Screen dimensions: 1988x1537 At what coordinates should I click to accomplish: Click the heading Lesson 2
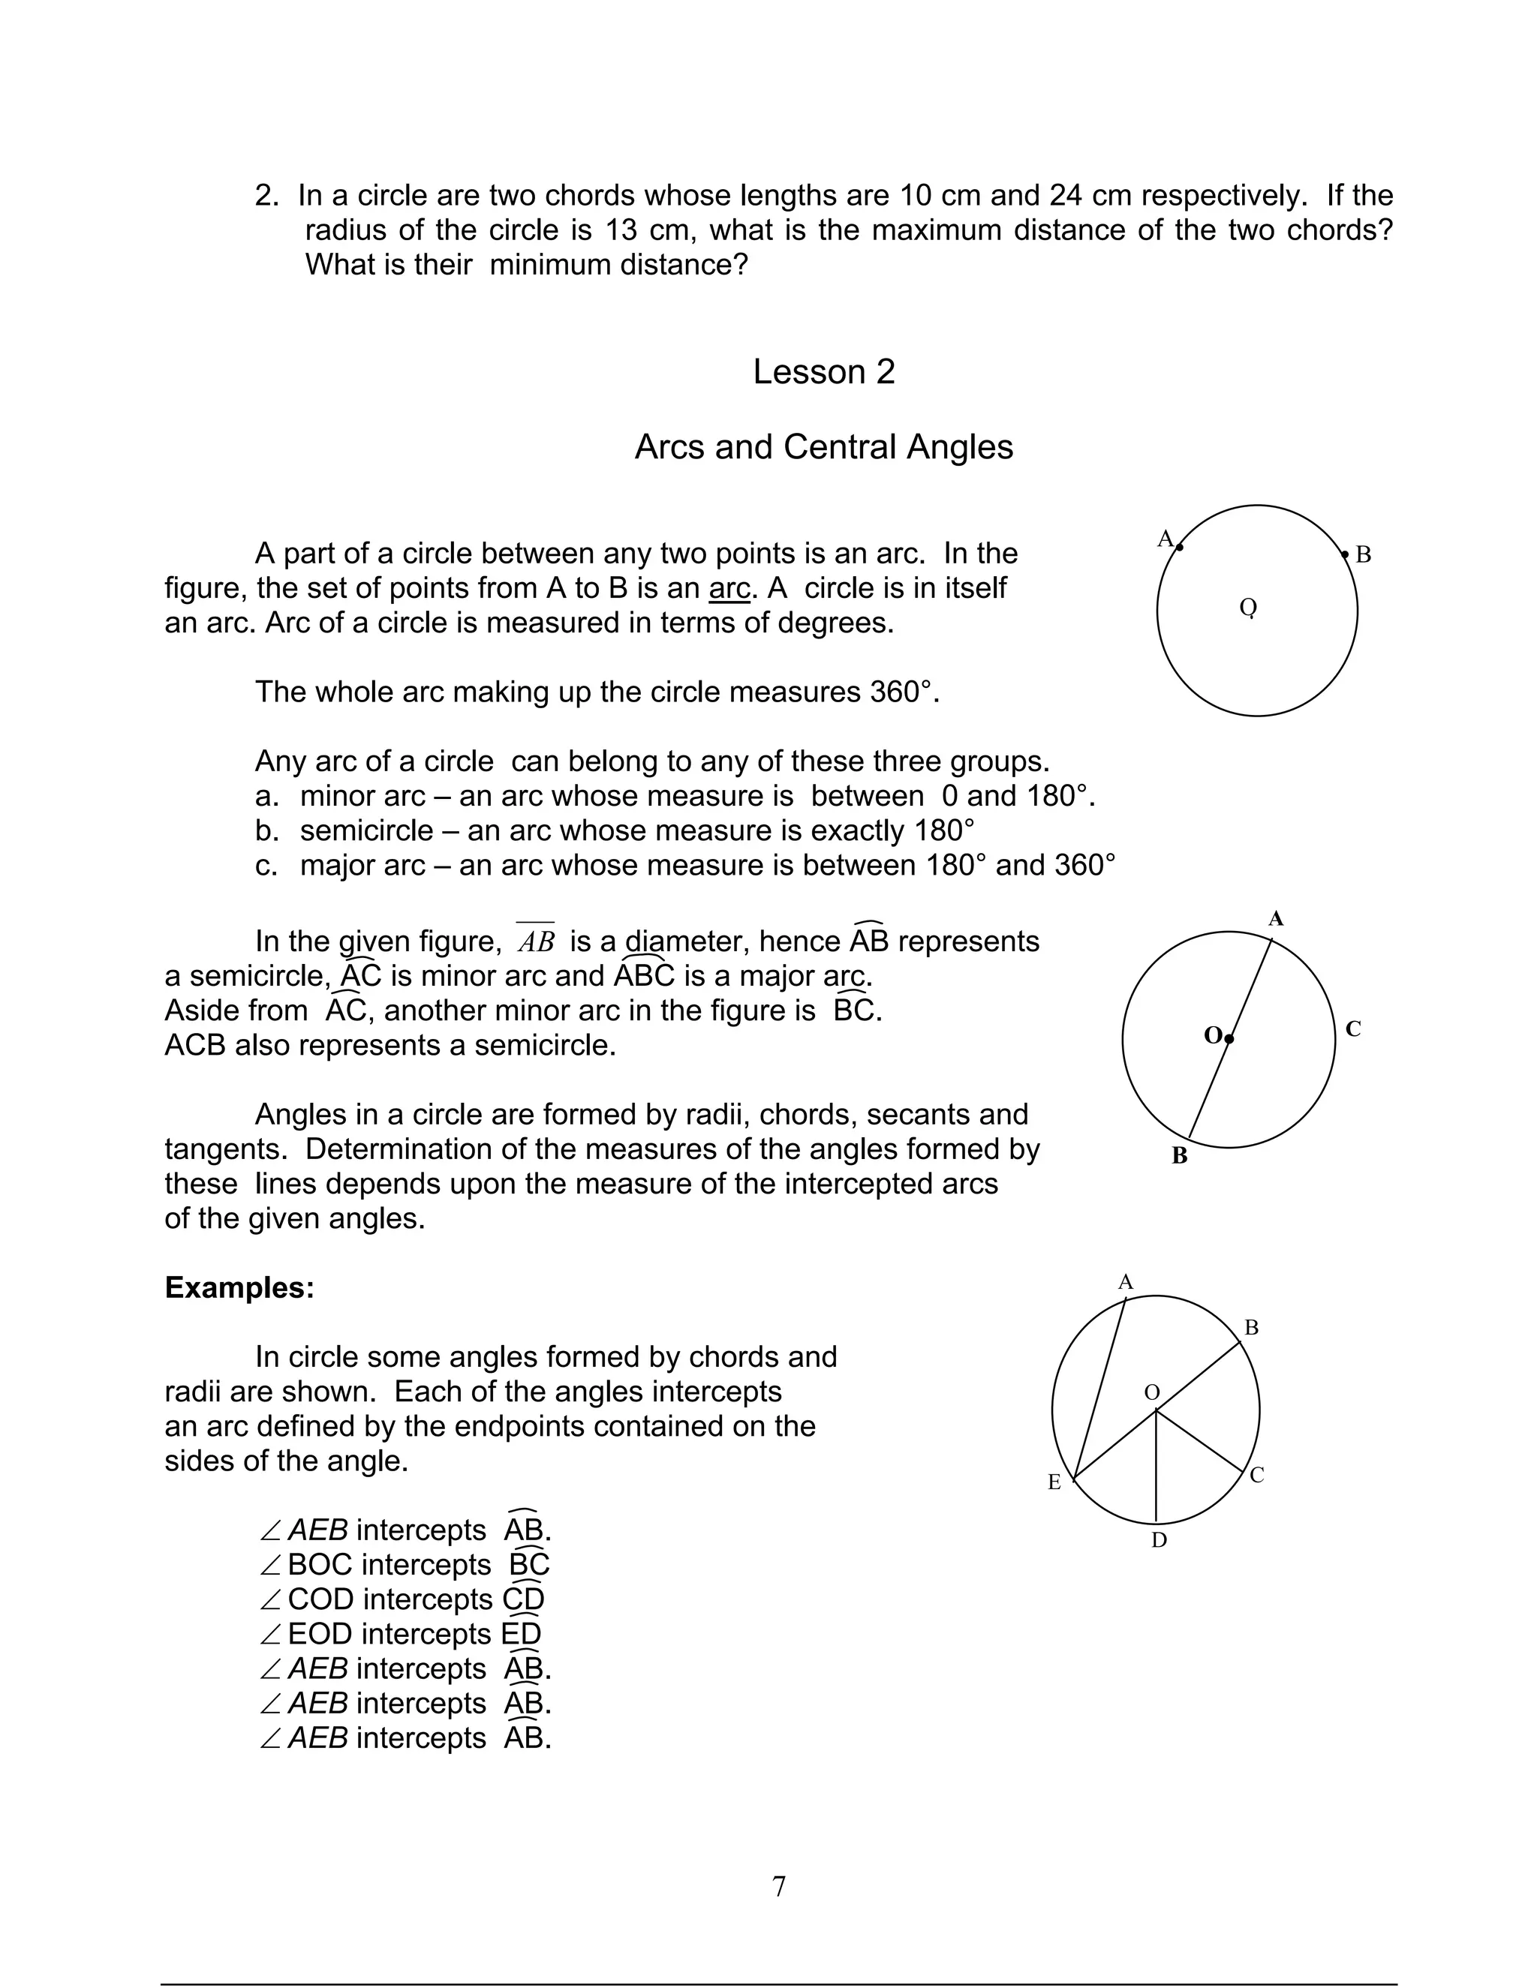pos(823,371)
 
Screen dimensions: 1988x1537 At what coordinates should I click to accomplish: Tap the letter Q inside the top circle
pos(1248,607)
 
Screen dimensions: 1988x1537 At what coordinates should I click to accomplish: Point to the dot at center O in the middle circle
pos(1229,1038)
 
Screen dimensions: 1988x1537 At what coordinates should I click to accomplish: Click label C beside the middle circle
pos(1353,1029)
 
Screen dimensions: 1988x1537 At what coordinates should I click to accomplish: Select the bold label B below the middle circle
pos(1179,1156)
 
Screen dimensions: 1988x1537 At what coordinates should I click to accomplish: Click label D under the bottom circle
pos(1158,1540)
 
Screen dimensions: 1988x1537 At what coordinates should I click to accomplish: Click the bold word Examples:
pos(239,1287)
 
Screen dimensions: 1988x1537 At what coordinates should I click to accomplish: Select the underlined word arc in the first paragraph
pos(729,588)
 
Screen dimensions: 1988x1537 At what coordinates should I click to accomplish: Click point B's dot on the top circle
pos(1345,554)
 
